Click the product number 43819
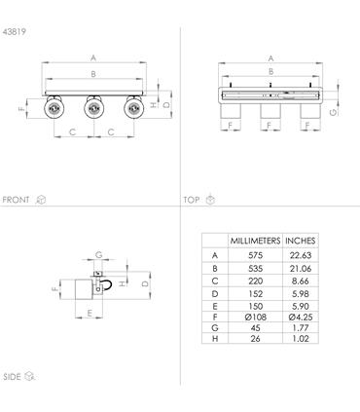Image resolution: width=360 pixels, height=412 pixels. point(14,32)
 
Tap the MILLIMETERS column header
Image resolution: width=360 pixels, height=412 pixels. point(255,241)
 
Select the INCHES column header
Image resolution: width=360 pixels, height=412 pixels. point(301,241)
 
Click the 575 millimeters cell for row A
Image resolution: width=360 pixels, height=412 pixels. point(255,255)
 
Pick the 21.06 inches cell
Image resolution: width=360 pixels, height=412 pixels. point(301,269)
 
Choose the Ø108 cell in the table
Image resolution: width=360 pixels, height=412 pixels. point(256,317)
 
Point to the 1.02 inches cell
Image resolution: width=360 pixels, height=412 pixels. point(301,339)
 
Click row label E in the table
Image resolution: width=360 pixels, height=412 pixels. point(215,306)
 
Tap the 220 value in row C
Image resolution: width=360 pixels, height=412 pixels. point(255,281)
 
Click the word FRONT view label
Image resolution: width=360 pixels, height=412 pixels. point(16,200)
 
